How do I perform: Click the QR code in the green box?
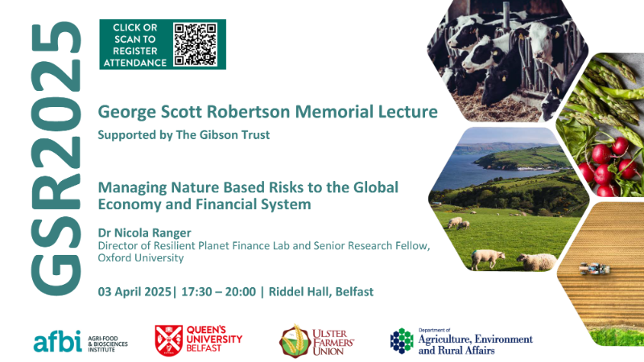195,44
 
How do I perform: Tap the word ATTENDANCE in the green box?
134,63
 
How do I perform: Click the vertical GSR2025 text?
56,158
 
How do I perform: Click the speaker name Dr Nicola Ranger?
144,232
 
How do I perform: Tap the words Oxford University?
140,257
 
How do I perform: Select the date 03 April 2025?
134,292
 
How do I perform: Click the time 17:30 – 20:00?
218,292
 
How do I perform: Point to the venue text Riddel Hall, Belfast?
321,292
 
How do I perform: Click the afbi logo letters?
57,341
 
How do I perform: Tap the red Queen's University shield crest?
169,340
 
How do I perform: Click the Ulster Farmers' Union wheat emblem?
295,341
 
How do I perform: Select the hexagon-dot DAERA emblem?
402,340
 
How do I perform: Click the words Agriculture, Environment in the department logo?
475,339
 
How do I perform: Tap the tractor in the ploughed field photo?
594,269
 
